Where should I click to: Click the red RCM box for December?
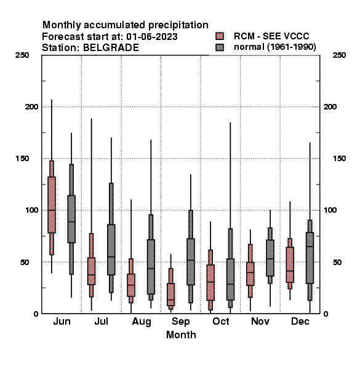(290, 264)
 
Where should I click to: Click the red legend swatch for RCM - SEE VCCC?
(220, 36)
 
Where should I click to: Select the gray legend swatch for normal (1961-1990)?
(220, 47)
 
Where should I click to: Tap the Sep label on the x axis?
(180, 322)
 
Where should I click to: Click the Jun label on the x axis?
(62, 321)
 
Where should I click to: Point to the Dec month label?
(300, 321)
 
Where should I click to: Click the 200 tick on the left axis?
(31, 106)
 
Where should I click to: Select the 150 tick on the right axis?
(339, 159)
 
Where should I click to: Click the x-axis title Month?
(181, 335)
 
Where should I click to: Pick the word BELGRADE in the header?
(111, 48)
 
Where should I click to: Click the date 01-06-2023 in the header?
(152, 37)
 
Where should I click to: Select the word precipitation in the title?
(178, 25)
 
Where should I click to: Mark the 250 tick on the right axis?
(339, 55)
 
